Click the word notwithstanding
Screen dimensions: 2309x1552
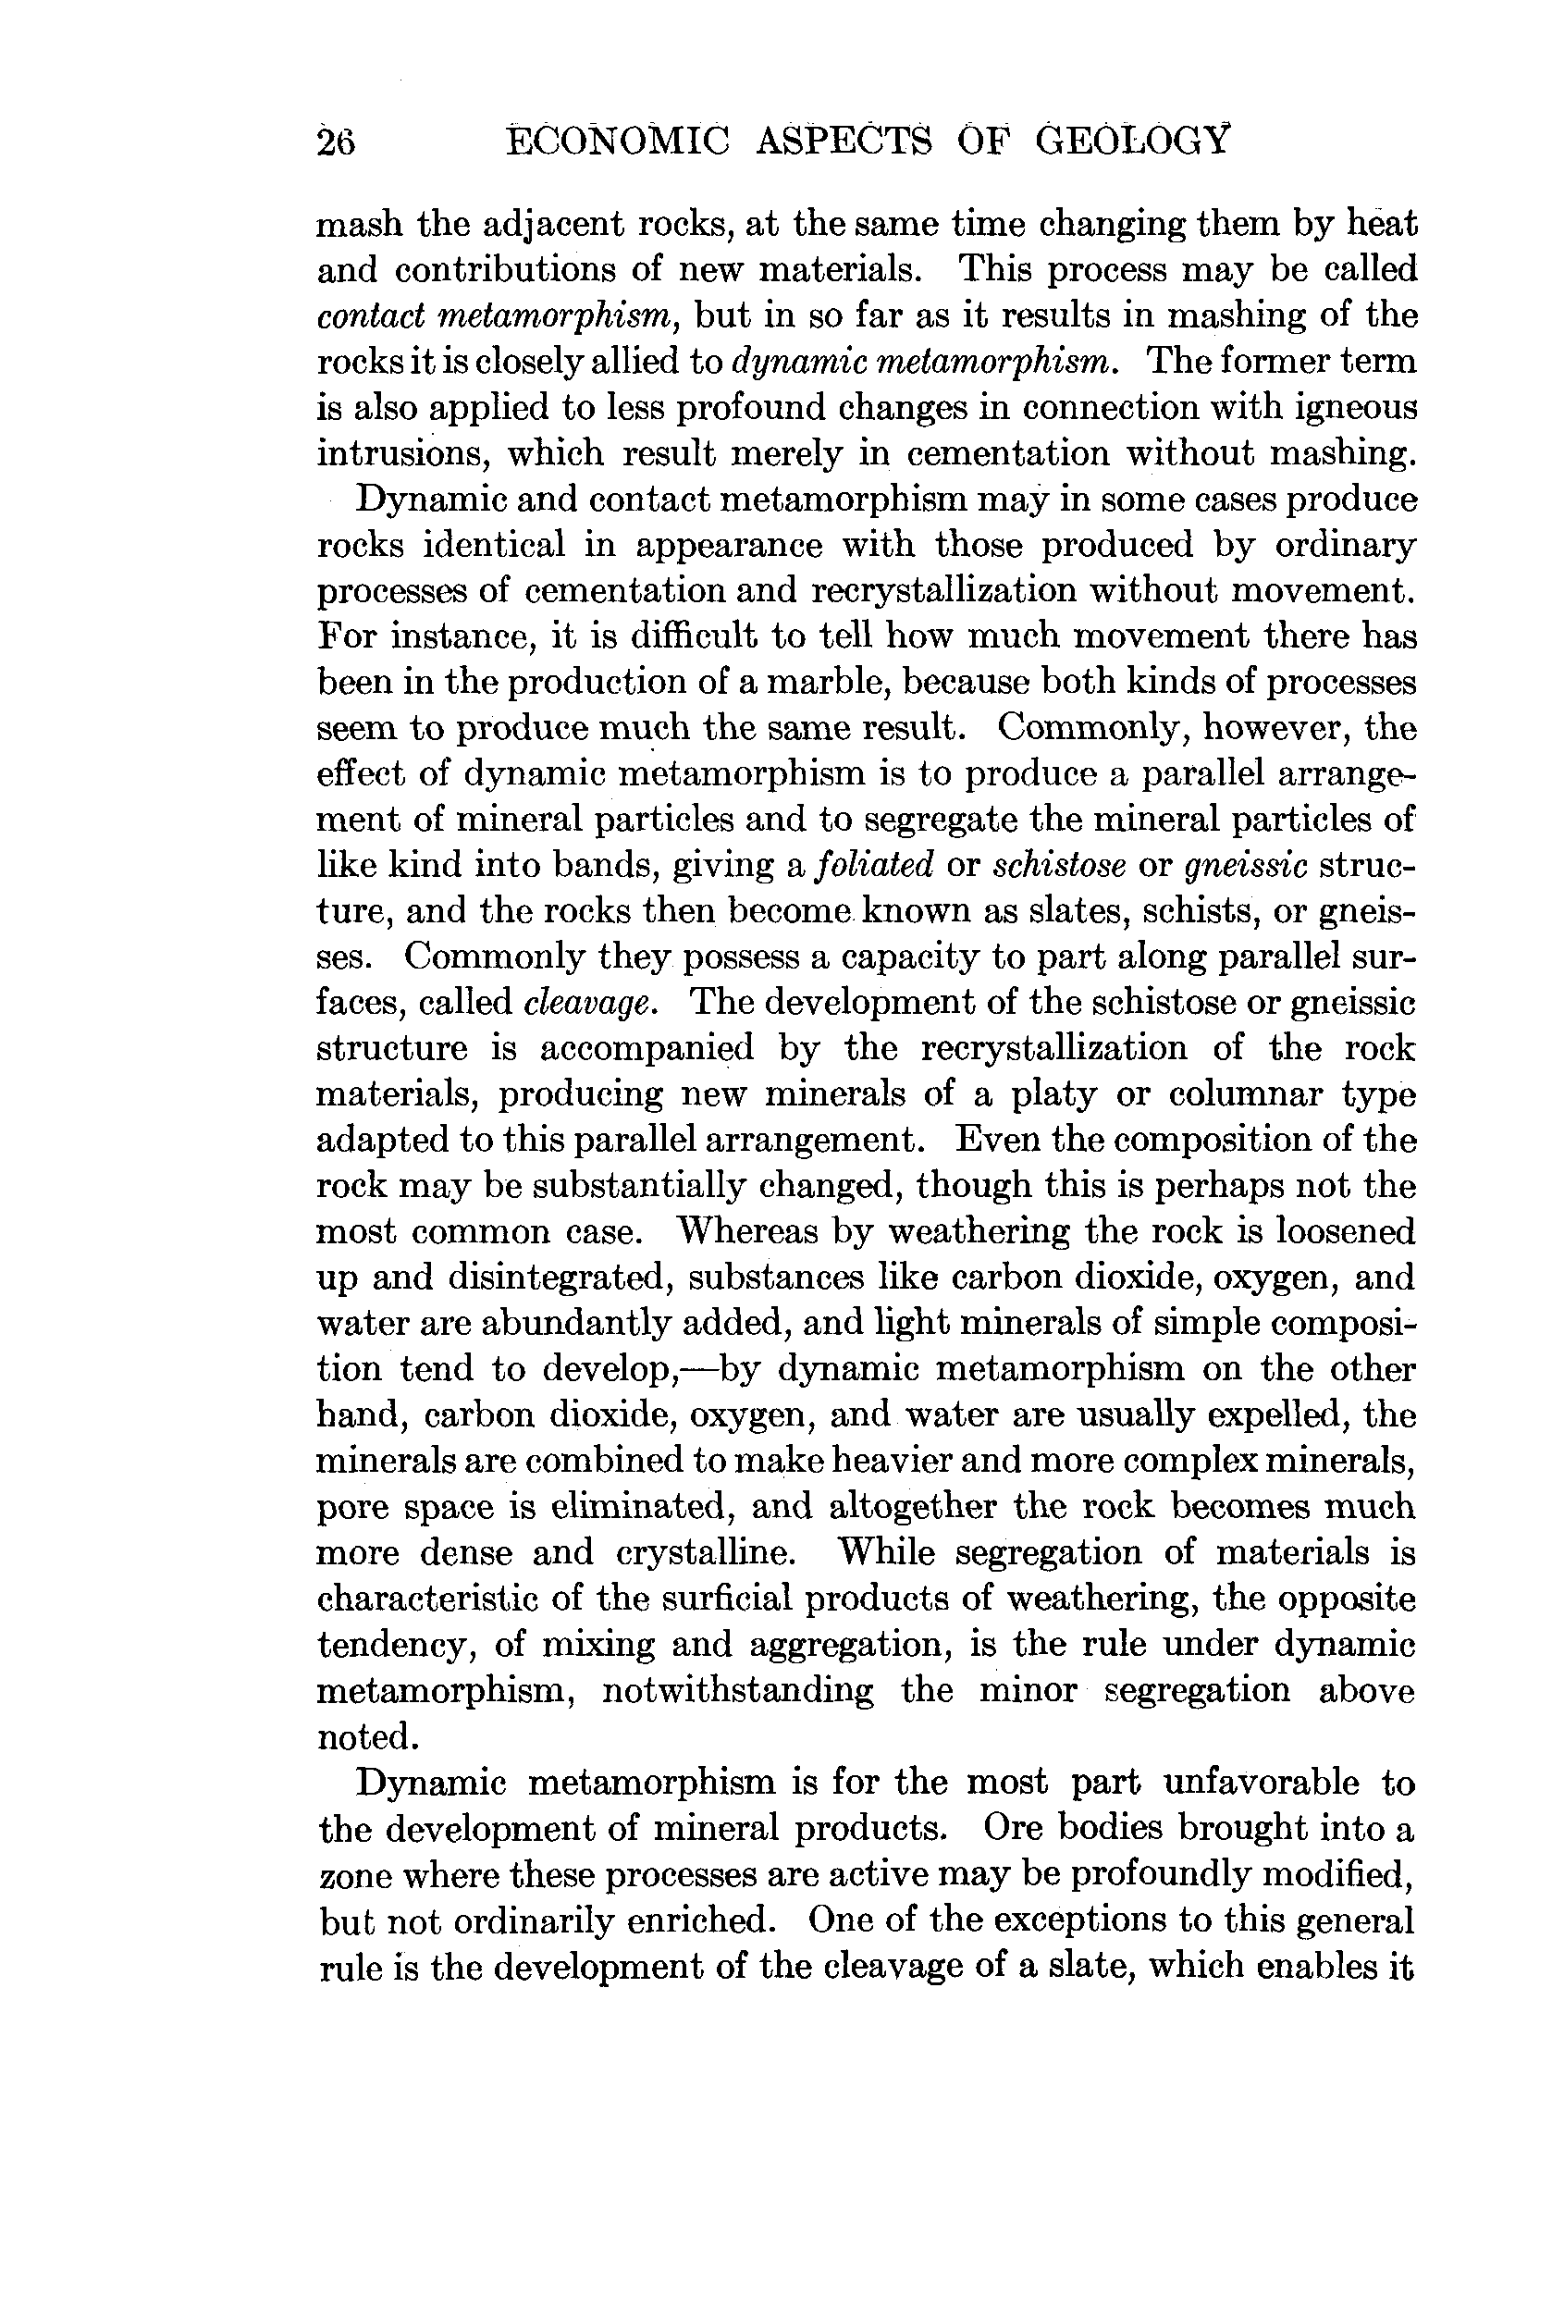click(738, 1689)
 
